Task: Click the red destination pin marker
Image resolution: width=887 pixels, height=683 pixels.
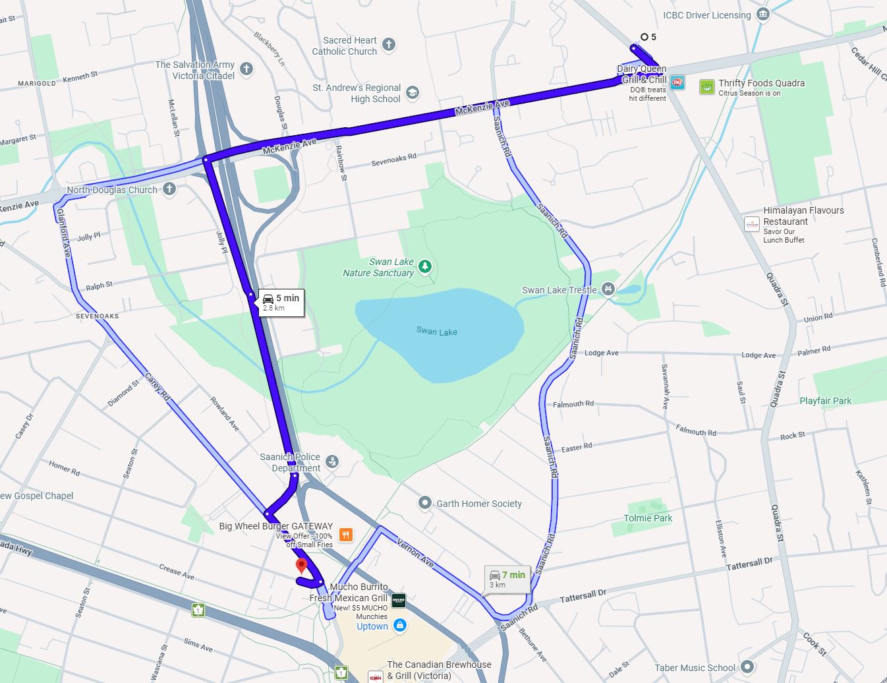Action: [x=302, y=566]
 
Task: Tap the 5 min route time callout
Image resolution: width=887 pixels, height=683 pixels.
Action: [x=281, y=303]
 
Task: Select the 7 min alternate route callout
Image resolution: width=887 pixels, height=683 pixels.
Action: [x=507, y=579]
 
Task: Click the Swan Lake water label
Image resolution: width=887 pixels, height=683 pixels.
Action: [x=436, y=332]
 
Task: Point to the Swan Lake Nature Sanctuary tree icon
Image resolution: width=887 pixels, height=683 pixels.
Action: [x=426, y=266]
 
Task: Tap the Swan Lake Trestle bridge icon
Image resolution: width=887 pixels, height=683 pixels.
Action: [x=608, y=289]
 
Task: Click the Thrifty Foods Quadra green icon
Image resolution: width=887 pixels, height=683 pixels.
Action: [x=707, y=87]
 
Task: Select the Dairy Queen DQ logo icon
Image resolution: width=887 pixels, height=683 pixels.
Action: [x=677, y=83]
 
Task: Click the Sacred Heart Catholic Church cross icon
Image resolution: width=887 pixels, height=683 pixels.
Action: [x=389, y=45]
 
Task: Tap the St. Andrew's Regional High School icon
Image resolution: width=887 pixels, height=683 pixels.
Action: [x=412, y=92]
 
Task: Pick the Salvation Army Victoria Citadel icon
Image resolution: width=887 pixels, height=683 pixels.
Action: [x=246, y=69]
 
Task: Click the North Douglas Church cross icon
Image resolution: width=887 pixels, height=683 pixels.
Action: [x=169, y=189]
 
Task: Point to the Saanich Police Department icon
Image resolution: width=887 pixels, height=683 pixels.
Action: [x=333, y=461]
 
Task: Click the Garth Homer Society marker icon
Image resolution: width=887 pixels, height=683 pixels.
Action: [x=425, y=503]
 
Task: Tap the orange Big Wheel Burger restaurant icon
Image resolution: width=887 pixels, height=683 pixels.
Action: [x=345, y=535]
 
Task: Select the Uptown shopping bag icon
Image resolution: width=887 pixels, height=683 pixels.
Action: [x=399, y=626]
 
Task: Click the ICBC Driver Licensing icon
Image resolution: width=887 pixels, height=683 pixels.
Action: [x=762, y=15]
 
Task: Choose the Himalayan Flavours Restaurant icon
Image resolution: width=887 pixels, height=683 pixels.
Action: [x=752, y=224]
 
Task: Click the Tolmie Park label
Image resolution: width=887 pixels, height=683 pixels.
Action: [x=648, y=518]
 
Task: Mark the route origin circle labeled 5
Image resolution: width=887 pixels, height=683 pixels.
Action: [x=644, y=37]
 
